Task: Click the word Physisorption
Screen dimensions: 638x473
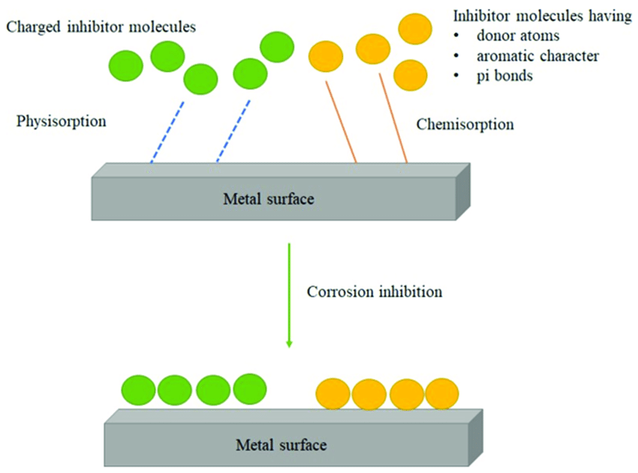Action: coord(61,122)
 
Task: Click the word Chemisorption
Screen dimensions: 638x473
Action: coord(465,124)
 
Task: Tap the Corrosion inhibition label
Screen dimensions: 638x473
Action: coord(375,292)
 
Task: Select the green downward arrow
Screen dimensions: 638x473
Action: coord(289,296)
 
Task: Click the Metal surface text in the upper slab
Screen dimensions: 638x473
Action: coord(269,199)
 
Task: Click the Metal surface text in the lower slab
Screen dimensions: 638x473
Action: coord(281,445)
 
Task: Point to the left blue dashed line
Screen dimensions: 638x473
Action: coord(167,132)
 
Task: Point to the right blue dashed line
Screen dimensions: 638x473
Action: coord(233,131)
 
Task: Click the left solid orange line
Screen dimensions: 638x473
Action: coord(341,122)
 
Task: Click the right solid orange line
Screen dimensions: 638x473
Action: coord(393,119)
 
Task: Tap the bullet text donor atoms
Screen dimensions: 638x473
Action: coord(518,36)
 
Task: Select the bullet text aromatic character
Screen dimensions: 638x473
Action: coord(537,56)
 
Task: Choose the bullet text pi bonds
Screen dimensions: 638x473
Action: coord(504,76)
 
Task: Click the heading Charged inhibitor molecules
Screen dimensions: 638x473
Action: coord(101,27)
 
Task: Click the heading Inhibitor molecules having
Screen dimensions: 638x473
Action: coord(543,17)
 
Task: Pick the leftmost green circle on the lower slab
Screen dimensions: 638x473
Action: coord(138,390)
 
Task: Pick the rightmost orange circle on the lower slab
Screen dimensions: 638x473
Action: coord(442,393)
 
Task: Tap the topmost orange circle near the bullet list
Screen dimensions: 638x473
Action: coord(415,29)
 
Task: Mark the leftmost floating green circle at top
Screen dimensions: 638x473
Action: coord(126,65)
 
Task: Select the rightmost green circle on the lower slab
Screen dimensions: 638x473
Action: coord(250,389)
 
